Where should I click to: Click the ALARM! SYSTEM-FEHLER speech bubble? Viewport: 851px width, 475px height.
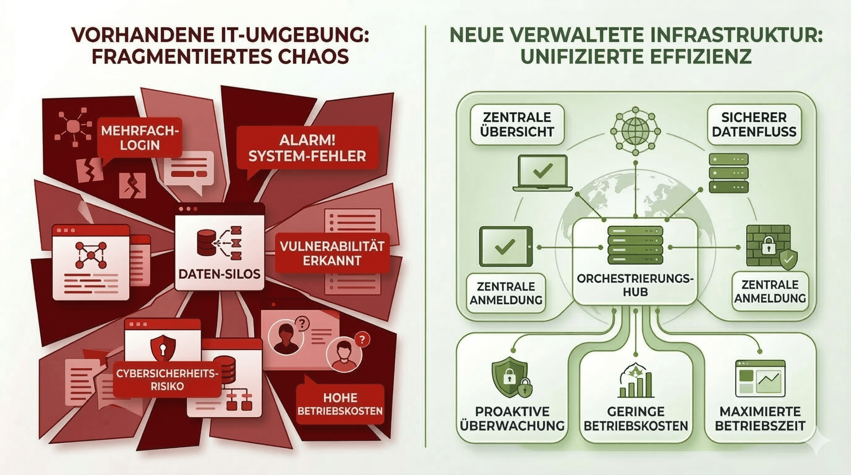point(307,148)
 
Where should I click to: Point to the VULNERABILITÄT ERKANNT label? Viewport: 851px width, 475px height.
point(332,253)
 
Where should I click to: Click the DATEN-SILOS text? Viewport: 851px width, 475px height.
point(219,274)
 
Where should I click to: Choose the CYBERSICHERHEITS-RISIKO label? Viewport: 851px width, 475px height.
point(167,380)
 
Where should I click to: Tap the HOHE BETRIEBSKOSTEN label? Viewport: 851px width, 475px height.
point(340,405)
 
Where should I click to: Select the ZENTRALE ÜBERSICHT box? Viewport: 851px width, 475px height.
point(517,125)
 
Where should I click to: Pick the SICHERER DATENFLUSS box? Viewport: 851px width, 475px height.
point(754,125)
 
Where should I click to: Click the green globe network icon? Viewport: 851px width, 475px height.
point(635,131)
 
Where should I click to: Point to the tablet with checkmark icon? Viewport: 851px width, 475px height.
point(506,246)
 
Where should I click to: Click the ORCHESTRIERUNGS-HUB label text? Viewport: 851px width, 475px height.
point(635,285)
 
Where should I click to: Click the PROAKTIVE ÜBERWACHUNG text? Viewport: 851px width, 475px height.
point(512,418)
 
